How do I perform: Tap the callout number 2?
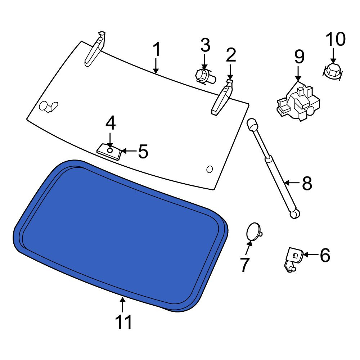[231, 55]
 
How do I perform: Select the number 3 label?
[205, 45]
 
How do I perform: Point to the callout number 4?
[111, 123]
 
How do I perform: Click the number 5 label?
[143, 151]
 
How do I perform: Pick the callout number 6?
[325, 255]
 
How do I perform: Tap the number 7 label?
[244, 265]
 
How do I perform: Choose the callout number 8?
[307, 183]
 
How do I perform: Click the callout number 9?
[300, 57]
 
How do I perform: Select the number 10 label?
[336, 39]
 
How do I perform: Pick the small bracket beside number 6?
[293, 259]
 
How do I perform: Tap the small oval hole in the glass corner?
[210, 170]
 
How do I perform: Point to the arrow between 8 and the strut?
[292, 183]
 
